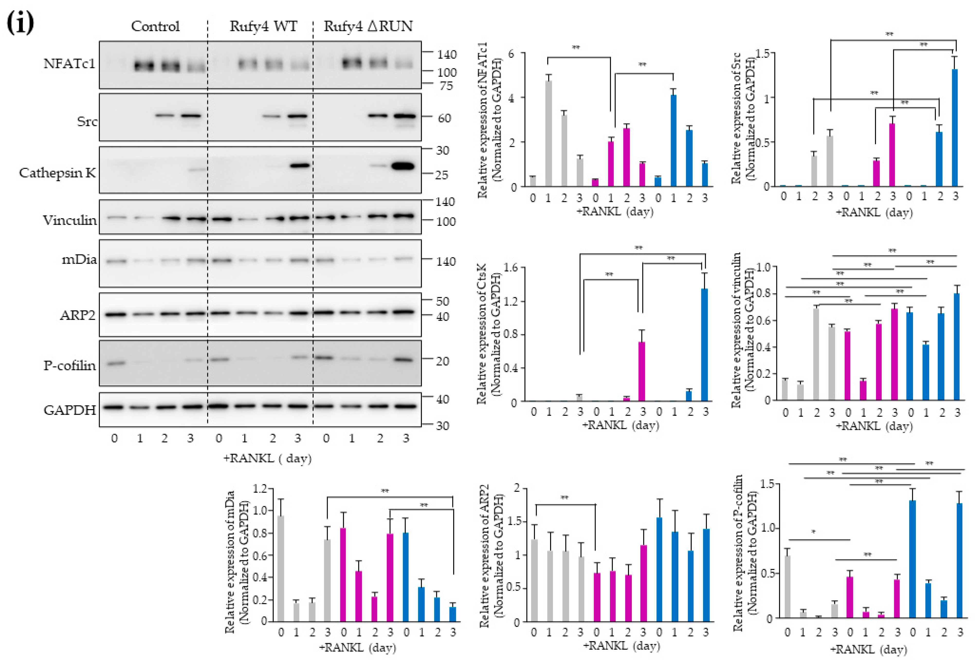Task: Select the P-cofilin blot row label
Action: point(70,366)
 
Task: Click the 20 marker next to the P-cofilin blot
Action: point(442,361)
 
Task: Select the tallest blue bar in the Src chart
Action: point(955,128)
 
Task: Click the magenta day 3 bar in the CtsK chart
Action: point(642,372)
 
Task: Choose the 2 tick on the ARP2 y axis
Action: point(517,488)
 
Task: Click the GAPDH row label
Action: point(70,410)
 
